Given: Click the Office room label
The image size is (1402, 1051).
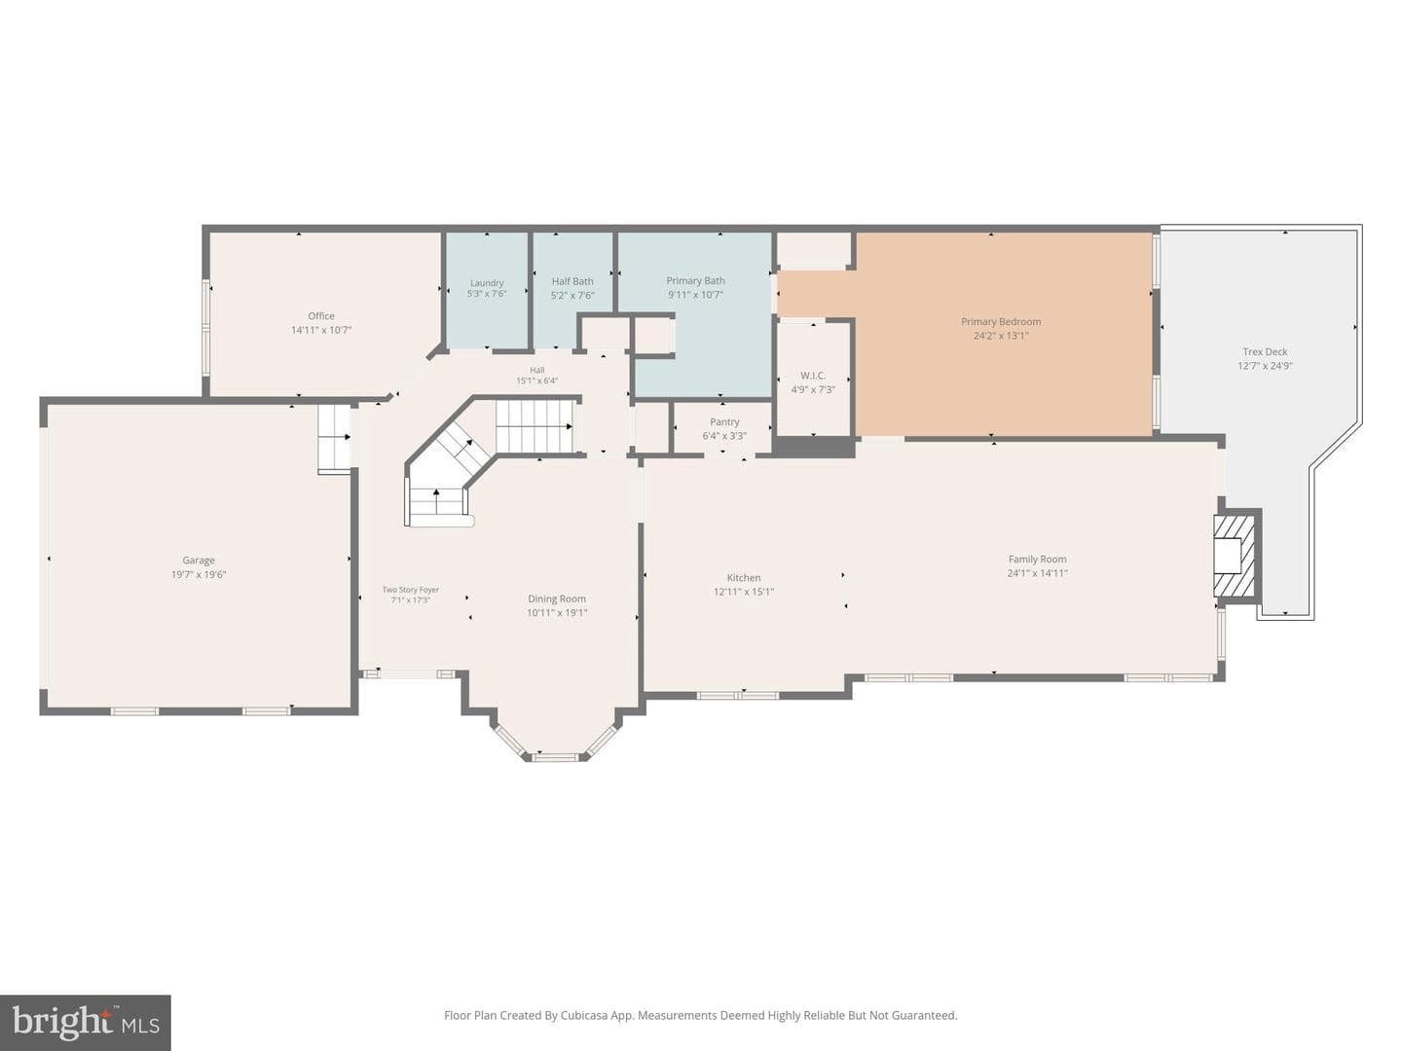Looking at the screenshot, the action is (x=321, y=316).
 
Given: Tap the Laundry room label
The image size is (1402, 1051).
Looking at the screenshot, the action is (x=487, y=282).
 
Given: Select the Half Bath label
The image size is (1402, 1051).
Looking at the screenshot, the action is (x=572, y=281).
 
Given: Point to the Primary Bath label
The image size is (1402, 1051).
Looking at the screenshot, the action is (x=695, y=281).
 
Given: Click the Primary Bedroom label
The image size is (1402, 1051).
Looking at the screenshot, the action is (x=1001, y=321).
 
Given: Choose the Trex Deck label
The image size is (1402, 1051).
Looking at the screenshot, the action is (x=1265, y=351).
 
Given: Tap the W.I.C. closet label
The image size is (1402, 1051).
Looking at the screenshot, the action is (x=812, y=376).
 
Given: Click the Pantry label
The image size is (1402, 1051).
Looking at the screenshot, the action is (x=724, y=422).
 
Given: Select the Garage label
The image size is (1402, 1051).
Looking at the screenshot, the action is (x=198, y=561).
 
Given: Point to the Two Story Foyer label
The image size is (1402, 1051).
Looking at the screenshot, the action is (x=411, y=590).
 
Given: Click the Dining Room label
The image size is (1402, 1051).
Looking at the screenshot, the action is (x=556, y=598).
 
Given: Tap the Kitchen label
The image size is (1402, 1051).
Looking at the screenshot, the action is (x=744, y=577).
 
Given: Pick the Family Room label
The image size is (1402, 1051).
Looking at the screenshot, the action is (x=1037, y=560).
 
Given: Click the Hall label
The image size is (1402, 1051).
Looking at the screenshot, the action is (x=536, y=370).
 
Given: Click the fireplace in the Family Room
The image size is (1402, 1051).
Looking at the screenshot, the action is (x=1236, y=556).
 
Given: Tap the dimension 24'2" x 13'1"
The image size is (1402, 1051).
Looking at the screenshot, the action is (x=1001, y=336).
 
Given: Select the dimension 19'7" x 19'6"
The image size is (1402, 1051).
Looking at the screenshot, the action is (x=198, y=574).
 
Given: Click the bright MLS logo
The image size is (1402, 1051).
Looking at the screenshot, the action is (x=85, y=1023).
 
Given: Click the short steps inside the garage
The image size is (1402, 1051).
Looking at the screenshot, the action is (x=334, y=438).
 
